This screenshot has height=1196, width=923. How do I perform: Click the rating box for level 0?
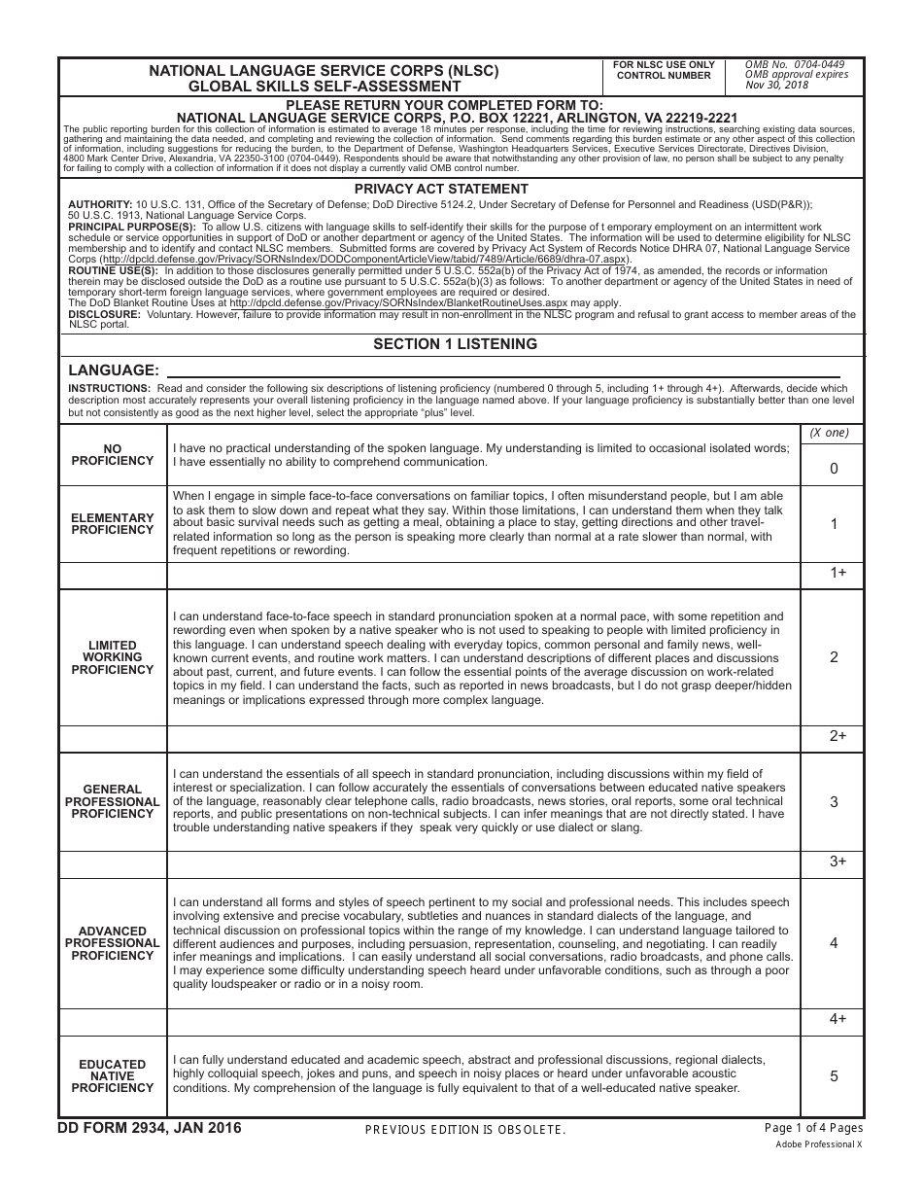tap(833, 468)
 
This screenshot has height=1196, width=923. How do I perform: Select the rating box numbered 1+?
tap(833, 574)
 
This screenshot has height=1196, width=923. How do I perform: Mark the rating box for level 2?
tap(833, 657)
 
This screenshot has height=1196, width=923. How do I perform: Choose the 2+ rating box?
tap(833, 737)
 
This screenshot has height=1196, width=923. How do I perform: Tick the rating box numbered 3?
tap(833, 802)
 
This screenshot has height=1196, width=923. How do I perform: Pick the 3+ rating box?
tap(833, 862)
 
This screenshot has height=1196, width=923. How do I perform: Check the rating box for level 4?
tap(833, 943)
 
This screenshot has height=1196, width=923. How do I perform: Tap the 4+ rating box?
tap(833, 1020)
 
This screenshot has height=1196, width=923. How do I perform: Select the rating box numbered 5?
tap(833, 1076)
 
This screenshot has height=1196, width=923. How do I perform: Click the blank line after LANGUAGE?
tap(503, 370)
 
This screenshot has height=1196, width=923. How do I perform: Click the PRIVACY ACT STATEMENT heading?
tap(441, 189)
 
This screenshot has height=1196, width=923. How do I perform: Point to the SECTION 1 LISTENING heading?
tap(455, 344)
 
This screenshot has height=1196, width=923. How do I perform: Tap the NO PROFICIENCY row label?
tap(113, 455)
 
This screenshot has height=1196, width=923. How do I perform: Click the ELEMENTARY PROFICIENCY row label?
tap(113, 524)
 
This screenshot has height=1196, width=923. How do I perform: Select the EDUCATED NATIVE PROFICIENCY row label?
tap(113, 1076)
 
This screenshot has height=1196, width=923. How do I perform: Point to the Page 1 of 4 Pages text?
tap(813, 1128)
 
